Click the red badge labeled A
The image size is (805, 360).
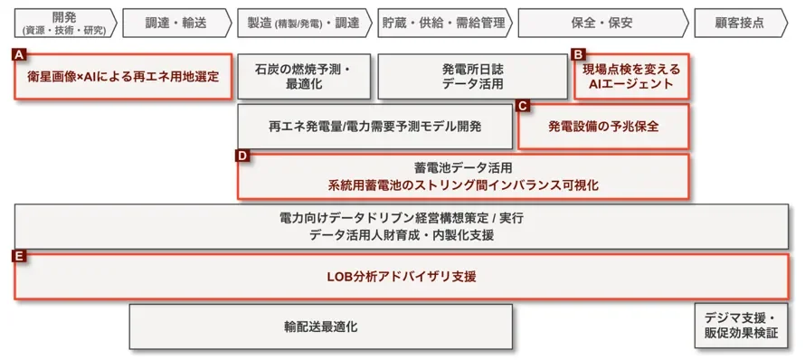point(18,54)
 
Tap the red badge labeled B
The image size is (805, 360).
point(579,54)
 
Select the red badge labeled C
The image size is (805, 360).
point(522,105)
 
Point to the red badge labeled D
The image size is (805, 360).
point(241,156)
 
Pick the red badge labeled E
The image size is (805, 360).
point(18,257)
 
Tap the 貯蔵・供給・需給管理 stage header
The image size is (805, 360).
point(442,23)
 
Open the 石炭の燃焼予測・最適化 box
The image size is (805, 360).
point(303,77)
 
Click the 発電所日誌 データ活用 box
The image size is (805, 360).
point(471,77)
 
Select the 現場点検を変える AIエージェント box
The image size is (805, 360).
point(630,77)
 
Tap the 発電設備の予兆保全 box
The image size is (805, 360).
point(603,127)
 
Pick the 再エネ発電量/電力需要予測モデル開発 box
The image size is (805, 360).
point(374,127)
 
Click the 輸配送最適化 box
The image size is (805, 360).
point(320,327)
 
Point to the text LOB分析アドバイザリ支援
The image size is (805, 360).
point(401,276)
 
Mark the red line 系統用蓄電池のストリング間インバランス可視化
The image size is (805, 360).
point(462,185)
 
